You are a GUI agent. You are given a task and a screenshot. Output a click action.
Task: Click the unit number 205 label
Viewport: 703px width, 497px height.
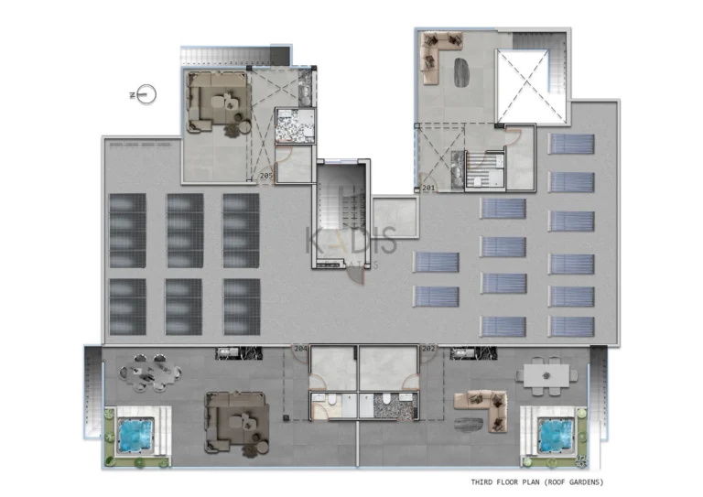[x=266, y=175]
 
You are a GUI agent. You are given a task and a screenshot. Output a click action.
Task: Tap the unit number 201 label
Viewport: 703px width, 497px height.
[x=428, y=189]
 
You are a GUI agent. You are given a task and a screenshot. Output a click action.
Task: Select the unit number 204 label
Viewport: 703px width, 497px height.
[x=299, y=349]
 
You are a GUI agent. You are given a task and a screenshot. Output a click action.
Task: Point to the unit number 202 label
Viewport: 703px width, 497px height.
[x=427, y=349]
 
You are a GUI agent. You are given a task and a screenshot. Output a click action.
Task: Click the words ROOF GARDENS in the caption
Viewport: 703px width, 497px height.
[x=572, y=481]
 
